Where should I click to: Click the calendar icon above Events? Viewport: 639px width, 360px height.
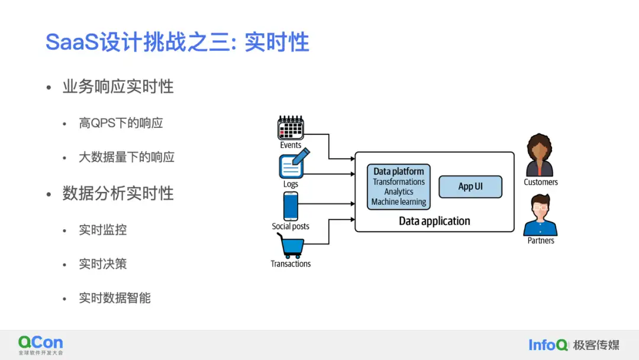291,128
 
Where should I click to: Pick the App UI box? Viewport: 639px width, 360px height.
470,187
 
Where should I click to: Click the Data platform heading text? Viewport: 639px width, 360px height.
399,172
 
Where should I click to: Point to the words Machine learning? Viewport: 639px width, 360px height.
399,202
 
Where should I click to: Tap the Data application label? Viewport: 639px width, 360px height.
434,221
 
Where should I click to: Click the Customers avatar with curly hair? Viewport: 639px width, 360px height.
540,155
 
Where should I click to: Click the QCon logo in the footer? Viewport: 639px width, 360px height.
40,343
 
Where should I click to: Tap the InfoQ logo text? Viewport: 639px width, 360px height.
548,345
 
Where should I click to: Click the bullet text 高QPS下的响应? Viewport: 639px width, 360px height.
121,123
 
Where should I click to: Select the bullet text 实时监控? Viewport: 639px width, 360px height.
103,230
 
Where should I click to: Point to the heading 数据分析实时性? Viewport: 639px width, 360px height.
118,194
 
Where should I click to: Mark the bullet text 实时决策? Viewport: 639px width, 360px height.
103,264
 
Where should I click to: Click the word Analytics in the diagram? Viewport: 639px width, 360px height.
399,192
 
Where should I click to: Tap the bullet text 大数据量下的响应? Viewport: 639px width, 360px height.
127,157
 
